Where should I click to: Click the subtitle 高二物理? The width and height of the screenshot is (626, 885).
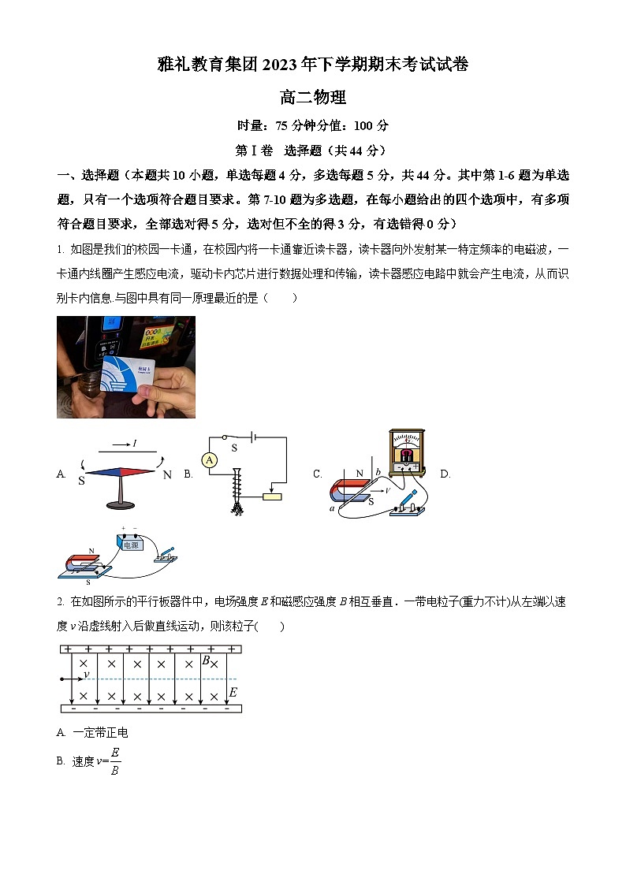coord(313,99)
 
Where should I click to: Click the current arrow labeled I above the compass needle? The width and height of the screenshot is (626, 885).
coord(126,445)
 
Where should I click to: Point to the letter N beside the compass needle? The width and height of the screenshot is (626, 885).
coord(167,475)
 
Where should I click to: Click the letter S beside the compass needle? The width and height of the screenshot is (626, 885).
coord(81,480)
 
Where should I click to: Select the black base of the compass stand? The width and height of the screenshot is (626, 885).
coord(121,505)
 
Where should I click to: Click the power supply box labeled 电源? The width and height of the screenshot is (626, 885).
coord(129,544)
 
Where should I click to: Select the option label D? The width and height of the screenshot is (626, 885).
coord(445,474)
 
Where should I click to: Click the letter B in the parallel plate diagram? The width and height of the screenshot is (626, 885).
coord(205,661)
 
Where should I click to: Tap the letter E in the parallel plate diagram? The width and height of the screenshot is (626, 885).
coord(233,693)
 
